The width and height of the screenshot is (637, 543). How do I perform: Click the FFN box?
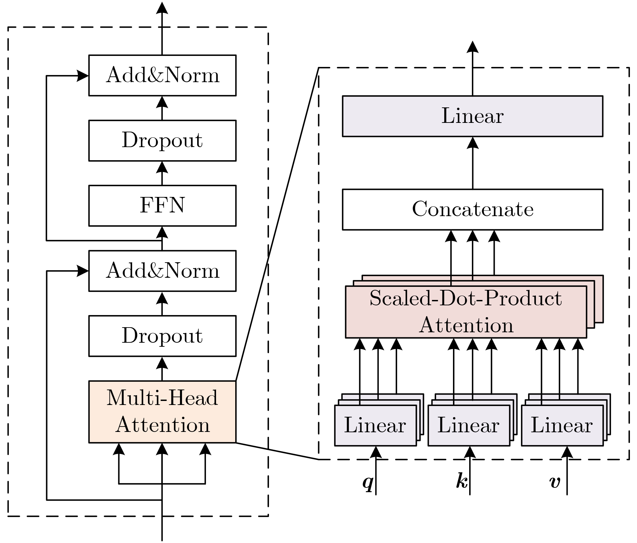click(x=162, y=205)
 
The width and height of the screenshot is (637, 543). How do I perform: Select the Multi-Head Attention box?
click(x=162, y=411)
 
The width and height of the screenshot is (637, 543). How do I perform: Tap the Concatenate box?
click(x=473, y=209)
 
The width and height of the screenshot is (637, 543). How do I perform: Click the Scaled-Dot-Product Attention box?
click(x=466, y=312)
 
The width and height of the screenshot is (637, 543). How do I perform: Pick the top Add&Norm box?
click(x=162, y=75)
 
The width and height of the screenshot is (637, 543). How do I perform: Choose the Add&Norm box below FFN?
click(x=162, y=271)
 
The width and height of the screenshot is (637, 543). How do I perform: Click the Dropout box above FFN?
click(x=162, y=140)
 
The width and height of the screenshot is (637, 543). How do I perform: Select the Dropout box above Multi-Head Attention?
click(x=162, y=336)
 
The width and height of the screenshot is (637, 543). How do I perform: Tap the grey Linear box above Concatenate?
click(x=473, y=116)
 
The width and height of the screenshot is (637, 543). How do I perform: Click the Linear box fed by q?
click(x=375, y=426)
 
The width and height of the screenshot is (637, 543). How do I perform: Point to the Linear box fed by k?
click(x=468, y=426)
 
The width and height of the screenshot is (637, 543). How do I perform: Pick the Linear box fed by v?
click(x=562, y=426)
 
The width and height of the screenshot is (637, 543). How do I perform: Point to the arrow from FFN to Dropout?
click(x=162, y=173)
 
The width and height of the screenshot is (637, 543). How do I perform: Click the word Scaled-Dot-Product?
click(x=465, y=298)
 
